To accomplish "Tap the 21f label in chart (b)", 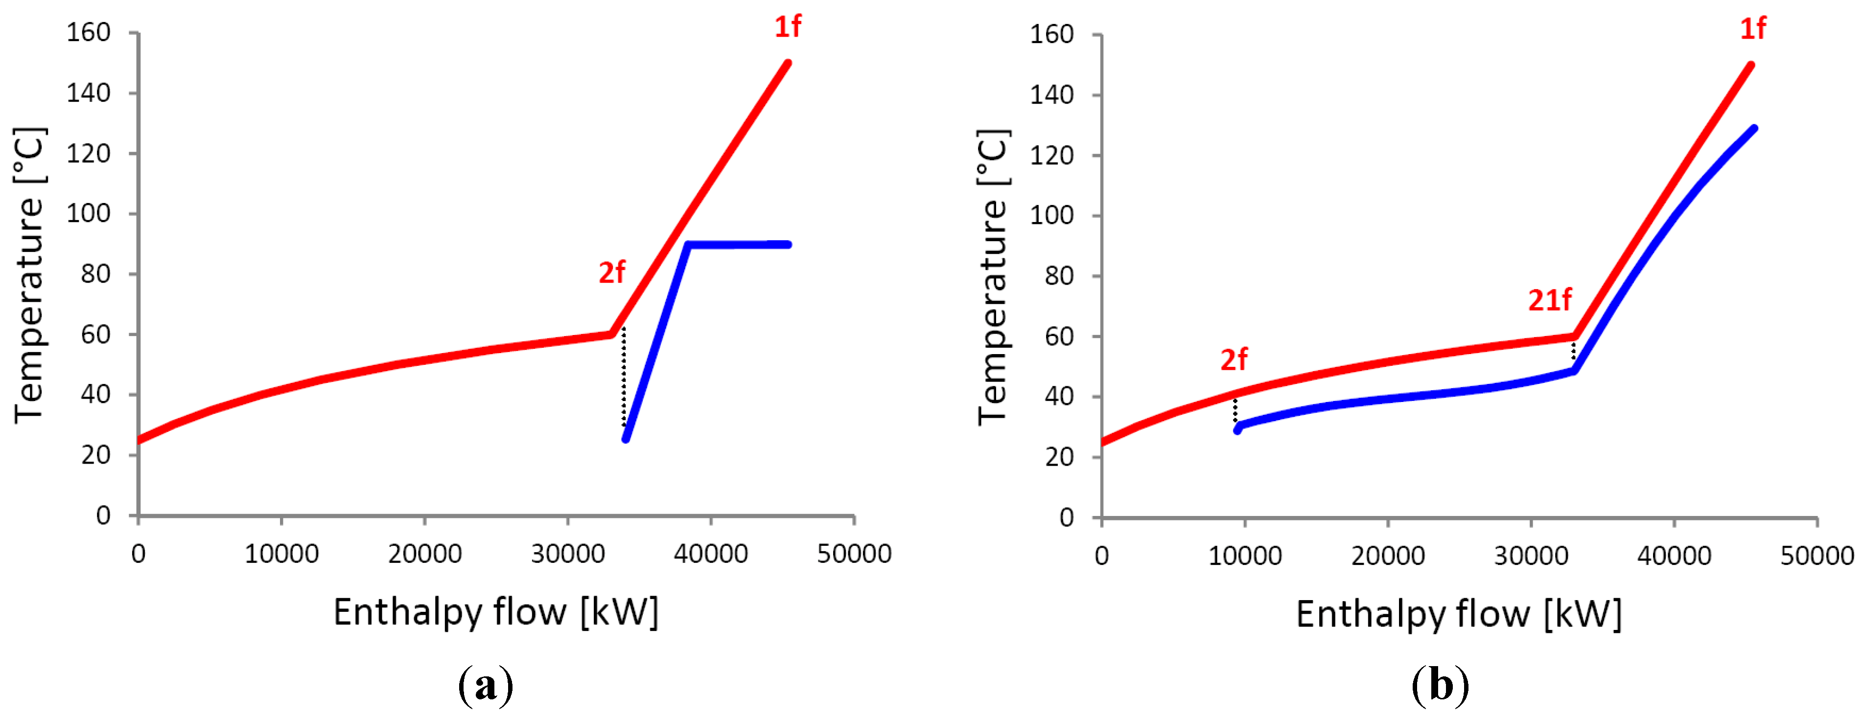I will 1549,300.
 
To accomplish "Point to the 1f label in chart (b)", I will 1752,29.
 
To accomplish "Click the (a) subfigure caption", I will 486,684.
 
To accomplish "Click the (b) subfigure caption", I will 1440,684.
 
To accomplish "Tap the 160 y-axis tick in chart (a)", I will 88,33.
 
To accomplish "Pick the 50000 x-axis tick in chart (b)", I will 1816,556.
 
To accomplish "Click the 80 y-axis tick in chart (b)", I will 1059,276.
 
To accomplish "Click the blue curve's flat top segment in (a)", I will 738,245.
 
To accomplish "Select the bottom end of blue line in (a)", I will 626,438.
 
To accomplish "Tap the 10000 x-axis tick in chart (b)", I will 1245,556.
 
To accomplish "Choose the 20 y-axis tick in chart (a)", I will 95,455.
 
